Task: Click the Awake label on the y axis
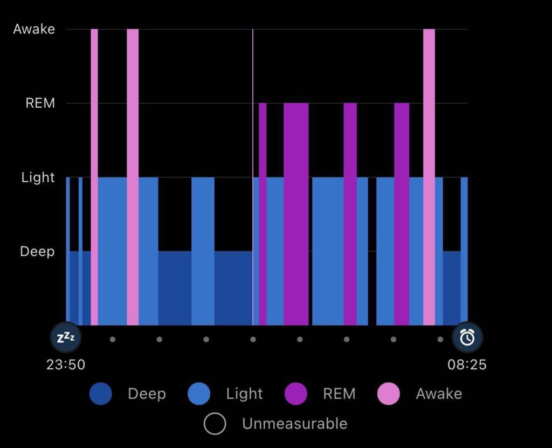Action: coord(34,29)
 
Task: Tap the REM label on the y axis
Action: coord(40,103)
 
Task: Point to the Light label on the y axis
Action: coord(38,177)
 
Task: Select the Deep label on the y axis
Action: coord(37,251)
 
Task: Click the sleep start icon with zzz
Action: coord(66,337)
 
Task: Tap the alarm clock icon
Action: coord(467,337)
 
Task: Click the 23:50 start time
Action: coord(66,365)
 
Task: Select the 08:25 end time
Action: coord(467,365)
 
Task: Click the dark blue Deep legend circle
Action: coord(101,394)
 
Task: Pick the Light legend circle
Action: coord(199,394)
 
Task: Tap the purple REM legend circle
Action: coord(295,394)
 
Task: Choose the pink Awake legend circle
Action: coord(389,394)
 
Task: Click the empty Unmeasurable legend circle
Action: coord(215,424)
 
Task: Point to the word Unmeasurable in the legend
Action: coord(294,424)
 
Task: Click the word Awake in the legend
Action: coord(439,394)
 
